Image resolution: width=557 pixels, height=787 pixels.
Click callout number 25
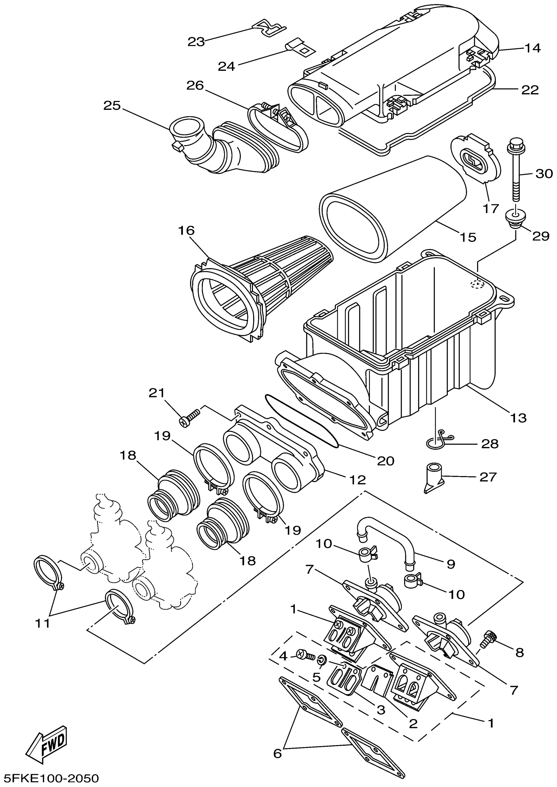point(112,105)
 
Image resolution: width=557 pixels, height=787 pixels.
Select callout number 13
point(518,418)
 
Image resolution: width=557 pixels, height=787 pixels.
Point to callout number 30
point(544,174)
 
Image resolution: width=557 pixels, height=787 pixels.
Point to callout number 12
point(357,480)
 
